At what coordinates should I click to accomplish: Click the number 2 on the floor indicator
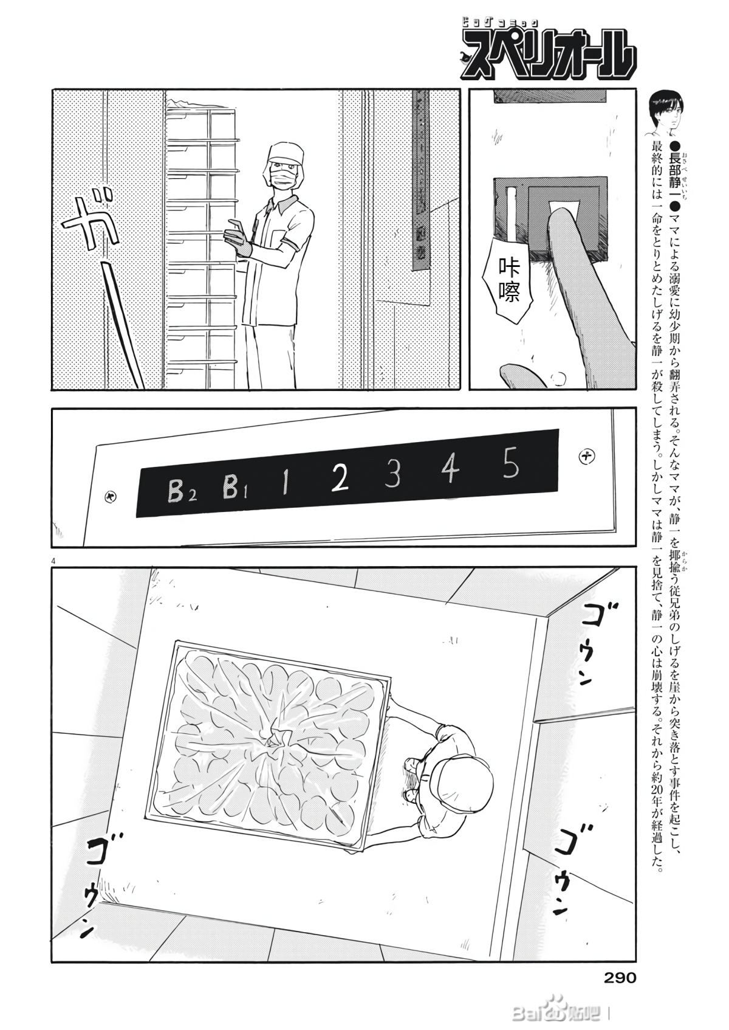341,479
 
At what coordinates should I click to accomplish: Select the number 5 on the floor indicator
511,465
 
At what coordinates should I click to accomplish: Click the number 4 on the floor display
450,470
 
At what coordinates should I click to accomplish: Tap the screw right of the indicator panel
586,455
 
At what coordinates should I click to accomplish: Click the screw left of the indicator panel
111,497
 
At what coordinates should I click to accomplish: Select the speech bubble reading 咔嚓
508,282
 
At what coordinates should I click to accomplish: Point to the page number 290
620,978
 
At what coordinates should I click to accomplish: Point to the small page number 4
54,560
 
